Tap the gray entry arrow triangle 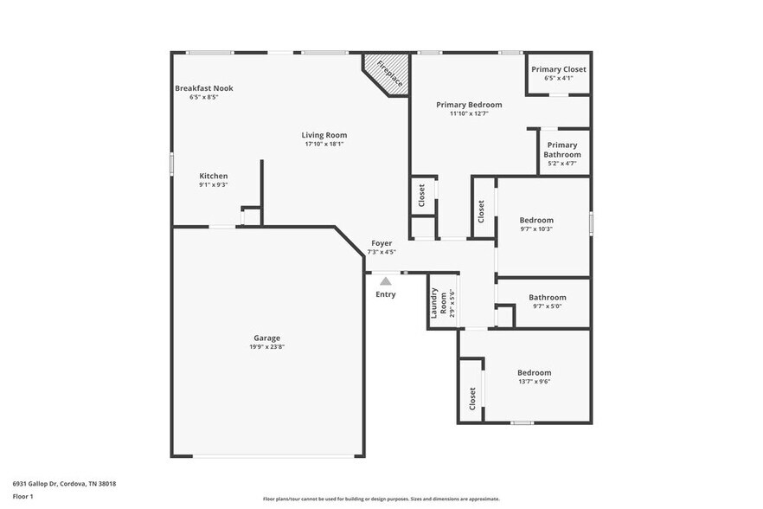pos(386,280)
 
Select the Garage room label pos(266,338)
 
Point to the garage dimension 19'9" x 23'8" pos(266,347)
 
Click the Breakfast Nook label pos(203,88)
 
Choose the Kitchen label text pos(214,176)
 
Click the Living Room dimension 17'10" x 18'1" pos(324,144)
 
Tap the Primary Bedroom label pos(469,105)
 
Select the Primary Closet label pos(558,69)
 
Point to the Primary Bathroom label pos(562,150)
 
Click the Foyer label pos(381,243)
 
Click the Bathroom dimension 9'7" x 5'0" pos(548,306)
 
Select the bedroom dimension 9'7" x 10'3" pos(536,229)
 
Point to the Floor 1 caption pos(24,498)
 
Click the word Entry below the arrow pos(386,294)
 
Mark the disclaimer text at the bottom pos(381,499)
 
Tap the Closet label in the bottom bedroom pos(472,397)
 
